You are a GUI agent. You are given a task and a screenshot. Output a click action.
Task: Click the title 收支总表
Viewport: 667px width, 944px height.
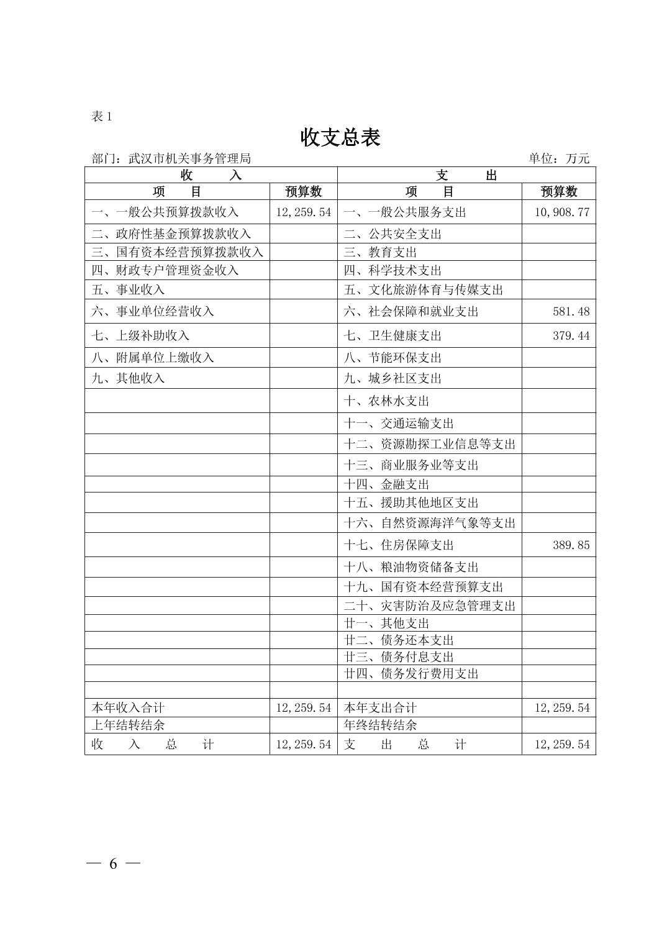point(340,137)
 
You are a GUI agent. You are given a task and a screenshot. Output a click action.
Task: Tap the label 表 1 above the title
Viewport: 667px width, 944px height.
point(102,116)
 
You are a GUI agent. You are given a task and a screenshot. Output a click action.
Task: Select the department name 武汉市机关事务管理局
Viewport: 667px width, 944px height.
point(189,158)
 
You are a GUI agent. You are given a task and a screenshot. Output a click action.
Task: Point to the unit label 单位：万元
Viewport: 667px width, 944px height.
point(559,158)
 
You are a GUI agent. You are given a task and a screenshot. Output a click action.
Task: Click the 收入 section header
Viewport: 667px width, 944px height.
point(211,175)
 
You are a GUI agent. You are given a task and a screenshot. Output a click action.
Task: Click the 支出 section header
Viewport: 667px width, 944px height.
point(466,175)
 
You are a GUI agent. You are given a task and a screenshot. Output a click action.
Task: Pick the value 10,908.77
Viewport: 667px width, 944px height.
point(562,212)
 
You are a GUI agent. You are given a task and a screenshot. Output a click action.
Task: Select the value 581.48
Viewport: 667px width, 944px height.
point(571,311)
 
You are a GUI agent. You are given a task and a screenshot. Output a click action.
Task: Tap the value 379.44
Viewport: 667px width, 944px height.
point(571,336)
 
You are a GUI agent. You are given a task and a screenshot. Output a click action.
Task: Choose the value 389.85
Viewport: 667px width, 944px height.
point(571,545)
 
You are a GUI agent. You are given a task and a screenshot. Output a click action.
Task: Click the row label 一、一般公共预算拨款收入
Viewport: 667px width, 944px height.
point(165,212)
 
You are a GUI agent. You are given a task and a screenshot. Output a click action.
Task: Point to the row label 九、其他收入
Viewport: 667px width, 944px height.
point(128,378)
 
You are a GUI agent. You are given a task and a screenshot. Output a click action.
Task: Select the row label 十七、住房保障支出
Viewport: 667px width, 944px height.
point(399,545)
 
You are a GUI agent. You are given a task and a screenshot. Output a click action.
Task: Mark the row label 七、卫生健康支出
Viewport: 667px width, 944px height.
point(392,336)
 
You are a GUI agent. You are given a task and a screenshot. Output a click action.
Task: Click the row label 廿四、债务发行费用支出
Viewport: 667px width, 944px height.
point(411,673)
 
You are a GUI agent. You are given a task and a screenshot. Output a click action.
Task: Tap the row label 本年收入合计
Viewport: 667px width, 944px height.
point(128,707)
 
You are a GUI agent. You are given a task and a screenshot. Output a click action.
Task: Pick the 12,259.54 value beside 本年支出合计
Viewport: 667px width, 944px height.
point(562,707)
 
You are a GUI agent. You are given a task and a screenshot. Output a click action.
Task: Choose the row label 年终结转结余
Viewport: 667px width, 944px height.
point(380,725)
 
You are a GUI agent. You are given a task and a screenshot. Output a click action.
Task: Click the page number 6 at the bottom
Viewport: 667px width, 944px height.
point(113,864)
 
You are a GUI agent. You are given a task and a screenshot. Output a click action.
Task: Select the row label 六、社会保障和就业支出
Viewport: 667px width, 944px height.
point(411,311)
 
